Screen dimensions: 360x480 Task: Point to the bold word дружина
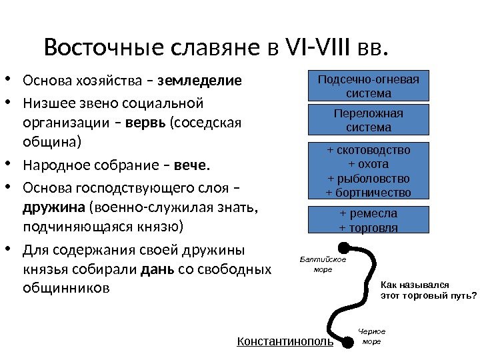(x=54, y=207)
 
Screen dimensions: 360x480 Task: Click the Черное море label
(x=371, y=336)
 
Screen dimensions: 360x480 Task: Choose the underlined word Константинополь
(x=285, y=342)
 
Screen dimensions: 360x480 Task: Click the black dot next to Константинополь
(x=347, y=343)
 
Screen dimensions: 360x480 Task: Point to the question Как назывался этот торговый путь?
(x=428, y=289)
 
